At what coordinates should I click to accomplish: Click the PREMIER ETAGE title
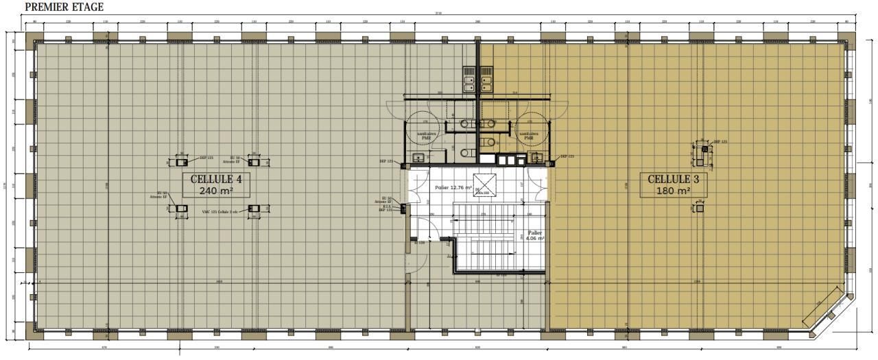[64, 7]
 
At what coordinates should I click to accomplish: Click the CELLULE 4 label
[216, 179]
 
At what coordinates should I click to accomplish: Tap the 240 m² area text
[215, 191]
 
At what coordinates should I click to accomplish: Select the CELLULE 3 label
[674, 179]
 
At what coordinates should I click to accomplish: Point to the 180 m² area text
[674, 191]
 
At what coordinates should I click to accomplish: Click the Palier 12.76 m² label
[453, 187]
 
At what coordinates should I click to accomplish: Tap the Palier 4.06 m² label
[535, 236]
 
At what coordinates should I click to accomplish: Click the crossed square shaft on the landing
[485, 185]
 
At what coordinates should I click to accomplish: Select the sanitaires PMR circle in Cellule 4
[425, 134]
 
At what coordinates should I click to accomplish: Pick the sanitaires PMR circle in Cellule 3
[528, 134]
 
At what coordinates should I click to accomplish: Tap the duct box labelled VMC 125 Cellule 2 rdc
[254, 208]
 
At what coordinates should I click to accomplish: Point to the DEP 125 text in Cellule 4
[207, 158]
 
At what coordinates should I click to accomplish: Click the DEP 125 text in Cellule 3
[721, 142]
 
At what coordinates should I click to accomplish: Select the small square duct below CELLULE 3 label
[700, 208]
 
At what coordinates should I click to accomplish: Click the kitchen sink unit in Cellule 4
[469, 79]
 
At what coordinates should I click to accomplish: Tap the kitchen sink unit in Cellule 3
[486, 79]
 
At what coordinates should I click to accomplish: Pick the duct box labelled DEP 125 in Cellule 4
[181, 163]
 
